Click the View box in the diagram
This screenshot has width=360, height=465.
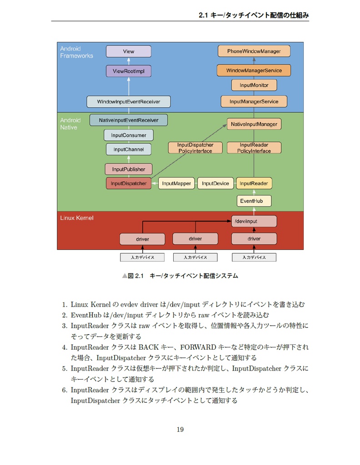pos(129,51)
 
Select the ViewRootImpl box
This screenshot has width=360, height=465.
pos(129,71)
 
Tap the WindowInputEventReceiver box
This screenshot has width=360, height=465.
pos(129,102)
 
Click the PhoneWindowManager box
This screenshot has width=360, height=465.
pos(254,51)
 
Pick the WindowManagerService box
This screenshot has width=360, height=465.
pos(254,70)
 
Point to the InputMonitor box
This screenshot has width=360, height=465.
pos(254,85)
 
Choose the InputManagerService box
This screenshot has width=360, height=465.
pos(254,101)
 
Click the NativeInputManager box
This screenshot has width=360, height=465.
pos(254,124)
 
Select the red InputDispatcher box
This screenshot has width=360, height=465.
pos(129,183)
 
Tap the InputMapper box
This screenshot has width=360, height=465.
pos(176,183)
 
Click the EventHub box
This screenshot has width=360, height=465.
pos(254,201)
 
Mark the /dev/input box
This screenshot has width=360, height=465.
pos(254,221)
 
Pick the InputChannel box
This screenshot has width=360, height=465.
pos(129,149)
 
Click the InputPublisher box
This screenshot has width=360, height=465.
pos(129,169)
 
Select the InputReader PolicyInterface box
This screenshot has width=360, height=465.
pos(254,148)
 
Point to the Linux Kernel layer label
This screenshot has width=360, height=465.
pos(77,218)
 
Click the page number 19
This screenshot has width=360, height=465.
pos(180,430)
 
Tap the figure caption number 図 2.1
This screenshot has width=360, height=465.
pos(135,276)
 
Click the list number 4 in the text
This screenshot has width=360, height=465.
pos(65,347)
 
